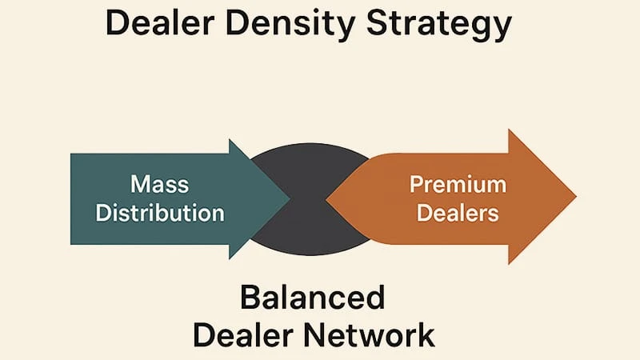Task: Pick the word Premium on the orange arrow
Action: [x=458, y=185]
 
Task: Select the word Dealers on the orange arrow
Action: [x=458, y=214]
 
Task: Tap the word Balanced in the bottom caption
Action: [x=313, y=298]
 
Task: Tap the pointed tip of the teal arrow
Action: [x=289, y=198]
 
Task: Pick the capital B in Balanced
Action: [x=249, y=298]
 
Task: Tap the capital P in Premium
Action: [x=416, y=185]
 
